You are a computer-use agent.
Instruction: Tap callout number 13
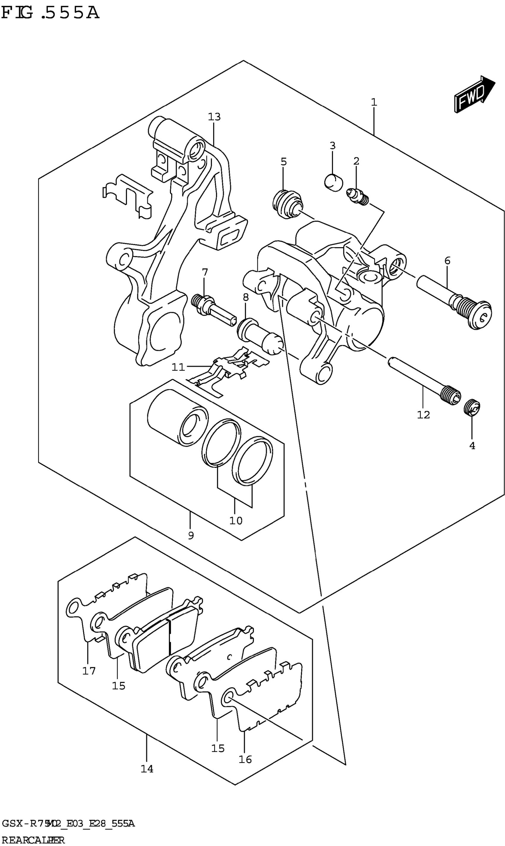click(214, 117)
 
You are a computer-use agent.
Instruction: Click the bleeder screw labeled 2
click(358, 197)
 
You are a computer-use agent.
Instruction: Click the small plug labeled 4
click(472, 408)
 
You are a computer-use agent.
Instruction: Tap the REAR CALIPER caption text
click(33, 840)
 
